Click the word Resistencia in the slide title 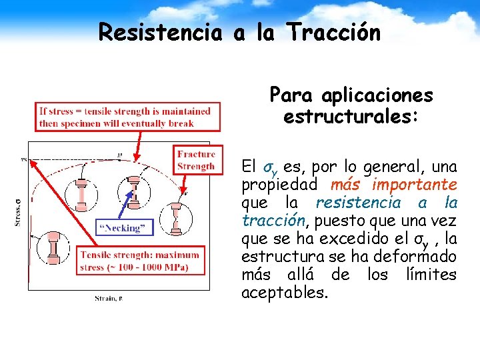tap(160, 33)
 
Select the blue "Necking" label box tap(125, 227)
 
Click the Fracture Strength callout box tap(195, 161)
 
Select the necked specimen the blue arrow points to tap(134, 190)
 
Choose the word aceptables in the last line tap(284, 292)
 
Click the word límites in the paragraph tap(433, 274)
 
